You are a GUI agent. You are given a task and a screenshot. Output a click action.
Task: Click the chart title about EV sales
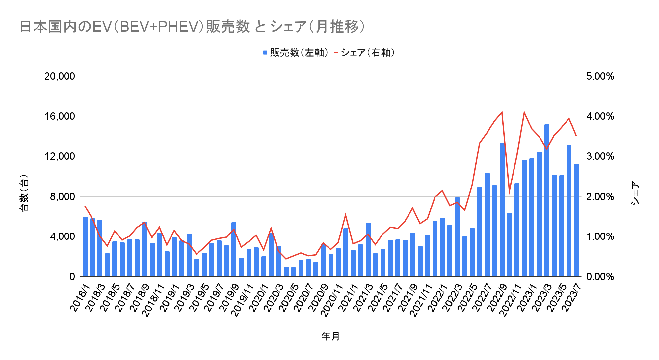pos(193,27)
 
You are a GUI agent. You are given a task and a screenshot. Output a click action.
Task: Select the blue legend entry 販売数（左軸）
pos(296,53)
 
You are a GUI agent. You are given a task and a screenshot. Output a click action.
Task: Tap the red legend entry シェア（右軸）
pos(365,53)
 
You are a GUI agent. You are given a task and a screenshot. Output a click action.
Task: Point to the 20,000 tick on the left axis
pos(60,76)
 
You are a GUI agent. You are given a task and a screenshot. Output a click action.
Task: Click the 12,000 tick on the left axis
pos(60,156)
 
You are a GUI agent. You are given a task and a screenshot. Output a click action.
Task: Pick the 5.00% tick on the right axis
pos(600,76)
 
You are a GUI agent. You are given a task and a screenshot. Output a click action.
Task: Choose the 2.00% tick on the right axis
pos(600,197)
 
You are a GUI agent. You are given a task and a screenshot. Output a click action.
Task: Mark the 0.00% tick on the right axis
pos(600,277)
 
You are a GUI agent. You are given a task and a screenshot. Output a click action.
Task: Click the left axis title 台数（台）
pos(24,193)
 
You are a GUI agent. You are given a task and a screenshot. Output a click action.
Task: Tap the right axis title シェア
pos(635,193)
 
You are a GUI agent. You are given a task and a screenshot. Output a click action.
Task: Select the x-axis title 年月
pos(330,336)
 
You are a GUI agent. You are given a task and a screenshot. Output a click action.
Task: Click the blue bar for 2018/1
pos(85,247)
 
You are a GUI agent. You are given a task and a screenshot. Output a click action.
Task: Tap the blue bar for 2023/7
pos(576,221)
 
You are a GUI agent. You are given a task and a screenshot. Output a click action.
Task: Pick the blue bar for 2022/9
pos(502,211)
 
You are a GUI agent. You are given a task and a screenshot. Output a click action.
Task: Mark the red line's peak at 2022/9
pos(502,112)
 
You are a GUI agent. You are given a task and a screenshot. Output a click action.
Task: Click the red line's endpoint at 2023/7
pos(576,136)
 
